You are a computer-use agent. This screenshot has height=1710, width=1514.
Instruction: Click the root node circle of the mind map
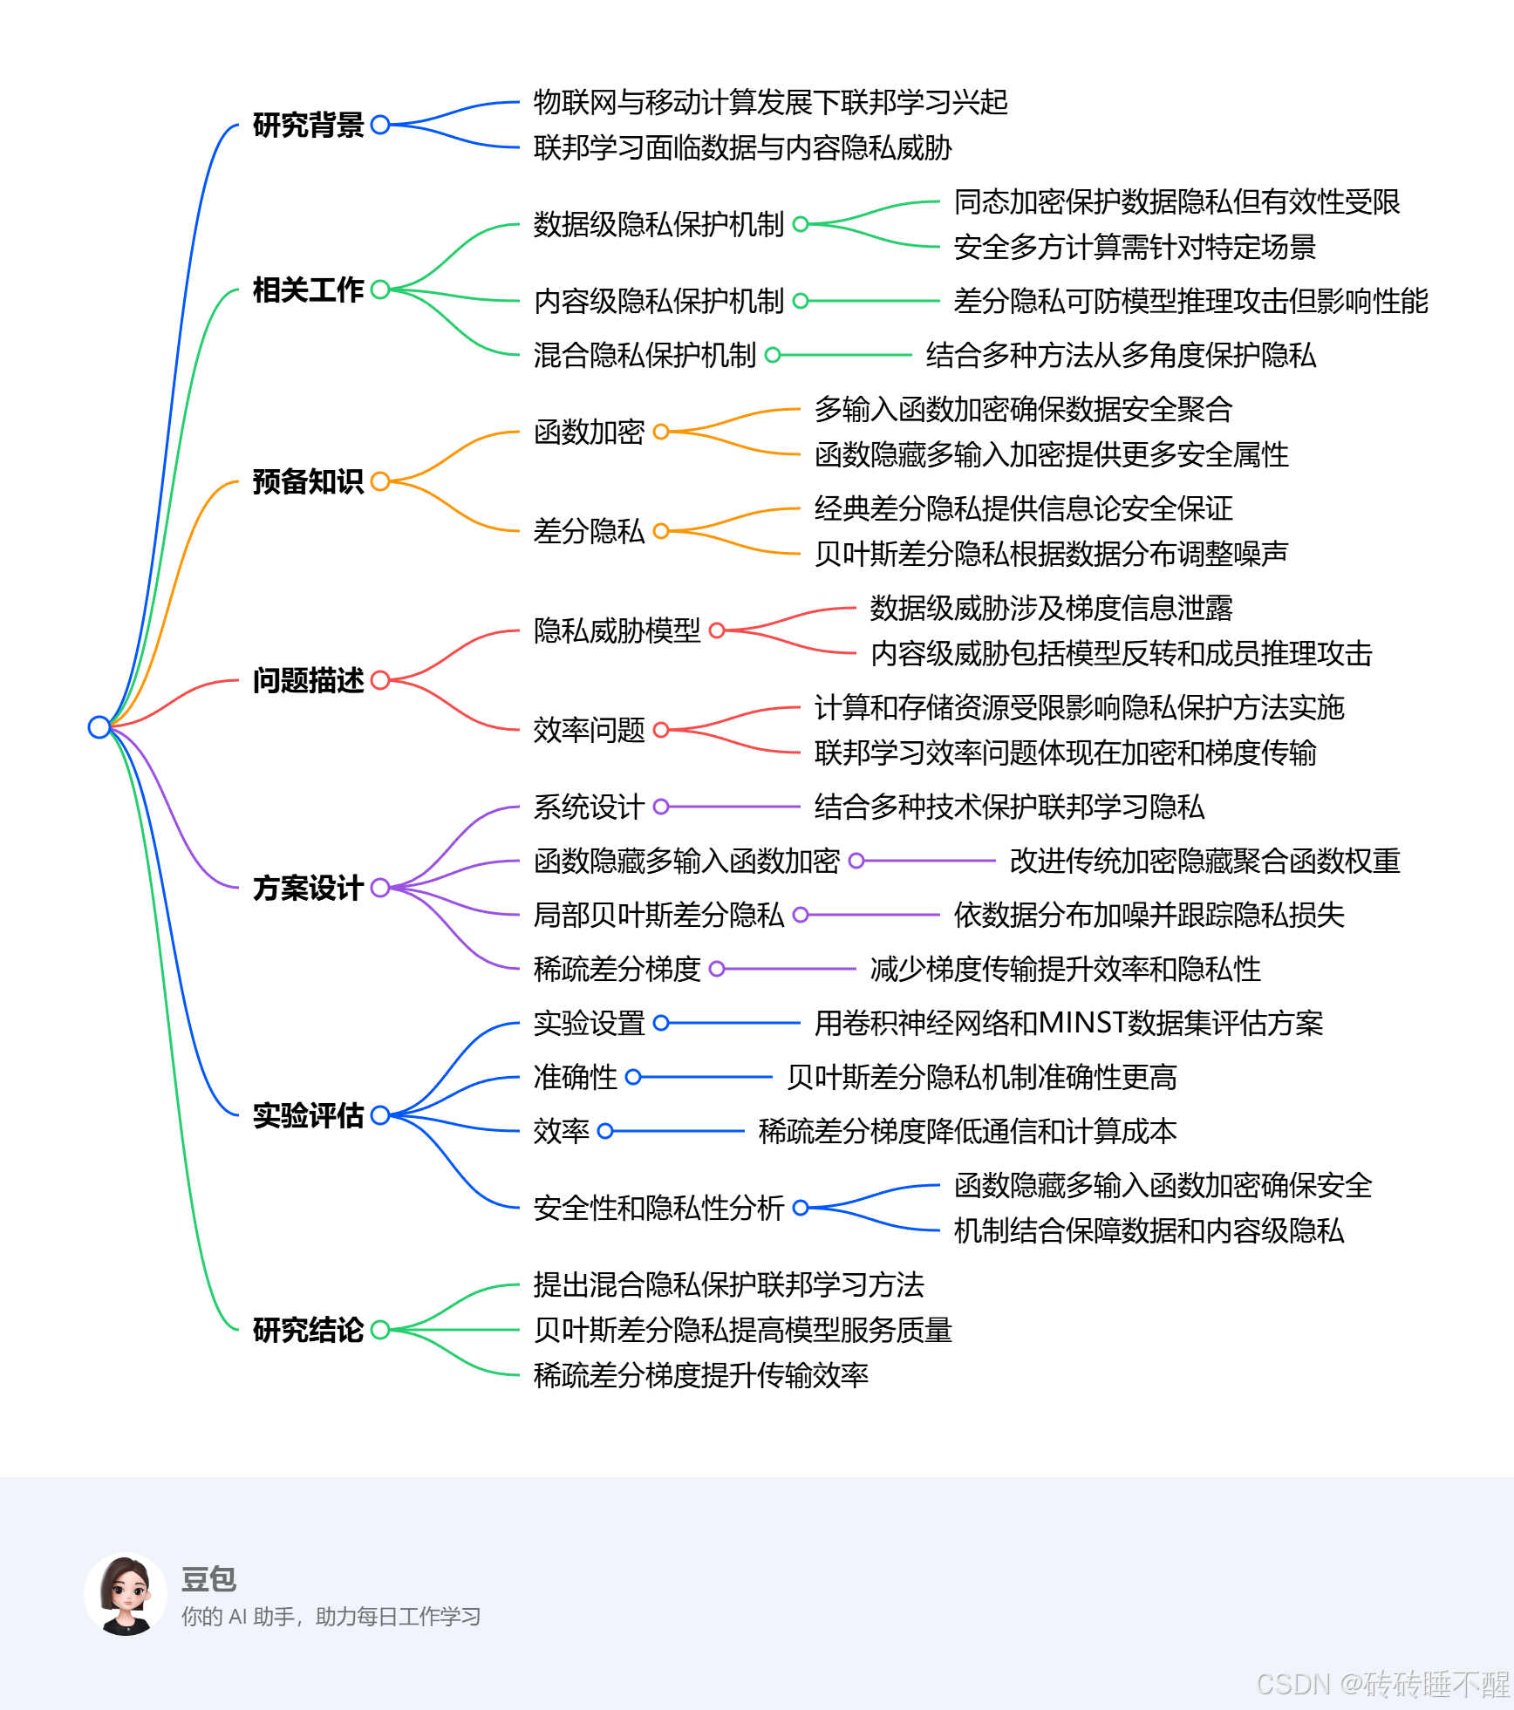click(x=99, y=726)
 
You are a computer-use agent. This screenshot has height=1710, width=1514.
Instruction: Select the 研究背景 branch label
click(x=308, y=125)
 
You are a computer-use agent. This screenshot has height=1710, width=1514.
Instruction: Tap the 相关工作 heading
click(x=308, y=290)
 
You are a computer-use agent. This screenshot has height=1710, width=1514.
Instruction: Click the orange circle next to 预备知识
click(x=380, y=481)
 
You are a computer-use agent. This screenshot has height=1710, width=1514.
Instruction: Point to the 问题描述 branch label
click(x=308, y=680)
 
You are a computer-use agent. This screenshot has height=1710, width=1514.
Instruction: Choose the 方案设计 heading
click(x=308, y=888)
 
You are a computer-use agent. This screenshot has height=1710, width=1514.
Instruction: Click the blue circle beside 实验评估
click(x=380, y=1115)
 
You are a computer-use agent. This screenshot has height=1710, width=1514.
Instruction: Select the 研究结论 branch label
click(x=308, y=1330)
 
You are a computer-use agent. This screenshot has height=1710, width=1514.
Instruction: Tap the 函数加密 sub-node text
click(x=589, y=432)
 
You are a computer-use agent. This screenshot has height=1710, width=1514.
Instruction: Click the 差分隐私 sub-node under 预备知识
click(x=589, y=531)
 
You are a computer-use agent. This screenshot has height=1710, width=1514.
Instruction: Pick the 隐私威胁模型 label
click(x=617, y=630)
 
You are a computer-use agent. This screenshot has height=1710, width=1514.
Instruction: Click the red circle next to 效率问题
click(x=661, y=730)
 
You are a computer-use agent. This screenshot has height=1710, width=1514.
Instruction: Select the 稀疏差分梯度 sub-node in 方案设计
click(x=617, y=969)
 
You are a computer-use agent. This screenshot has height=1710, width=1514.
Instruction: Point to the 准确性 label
click(x=575, y=1077)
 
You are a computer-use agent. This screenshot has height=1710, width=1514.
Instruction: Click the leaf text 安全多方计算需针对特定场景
click(x=1134, y=247)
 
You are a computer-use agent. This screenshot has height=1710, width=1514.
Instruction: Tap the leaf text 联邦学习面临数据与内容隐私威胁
click(x=742, y=147)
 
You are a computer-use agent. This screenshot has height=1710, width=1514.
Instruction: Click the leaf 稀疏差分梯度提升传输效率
click(x=700, y=1375)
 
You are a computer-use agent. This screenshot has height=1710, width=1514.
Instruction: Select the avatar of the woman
click(x=126, y=1594)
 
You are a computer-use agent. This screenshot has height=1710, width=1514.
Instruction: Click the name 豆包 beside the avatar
click(x=208, y=1578)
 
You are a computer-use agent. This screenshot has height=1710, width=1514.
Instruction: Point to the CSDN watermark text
click(x=1381, y=1684)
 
